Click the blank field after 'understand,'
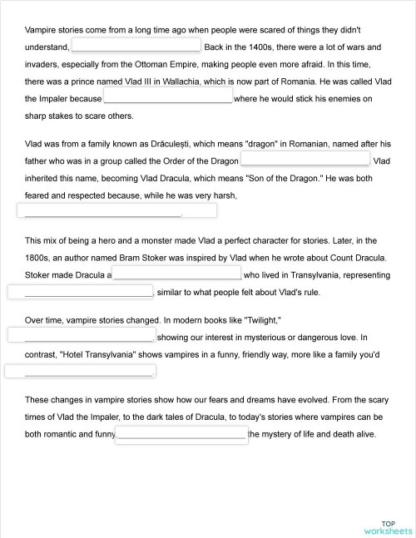(136, 45)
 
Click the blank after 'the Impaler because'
(167, 97)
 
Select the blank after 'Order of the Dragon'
(305, 159)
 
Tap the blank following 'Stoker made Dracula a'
(176, 274)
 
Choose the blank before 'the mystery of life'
(181, 434)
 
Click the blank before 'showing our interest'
(82, 336)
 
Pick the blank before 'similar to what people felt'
(82, 291)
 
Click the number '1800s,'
(42, 257)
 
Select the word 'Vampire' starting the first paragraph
(42, 29)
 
